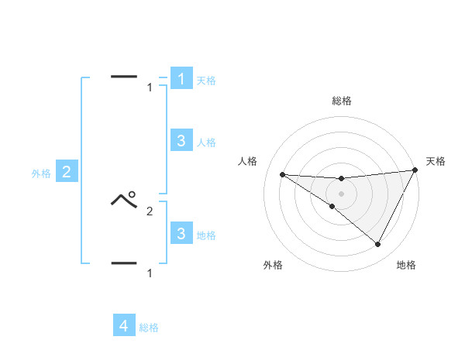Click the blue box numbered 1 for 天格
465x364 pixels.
[181, 79]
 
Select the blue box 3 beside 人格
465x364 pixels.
[181, 141]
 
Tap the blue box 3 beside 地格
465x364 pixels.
[181, 233]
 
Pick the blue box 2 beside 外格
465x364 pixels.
[67, 172]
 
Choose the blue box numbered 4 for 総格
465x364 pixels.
[124, 326]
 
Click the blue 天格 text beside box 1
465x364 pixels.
[206, 81]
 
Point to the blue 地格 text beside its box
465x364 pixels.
[206, 235]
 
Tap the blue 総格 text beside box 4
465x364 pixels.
[149, 328]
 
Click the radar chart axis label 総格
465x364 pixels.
[341, 101]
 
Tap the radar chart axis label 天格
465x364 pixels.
[436, 161]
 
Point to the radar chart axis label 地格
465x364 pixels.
[406, 266]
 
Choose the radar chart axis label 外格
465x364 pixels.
[273, 266]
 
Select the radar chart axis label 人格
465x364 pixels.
[247, 161]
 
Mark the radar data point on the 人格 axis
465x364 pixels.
[282, 174]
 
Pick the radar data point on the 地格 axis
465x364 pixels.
[378, 245]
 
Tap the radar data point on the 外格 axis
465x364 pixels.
[332, 207]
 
